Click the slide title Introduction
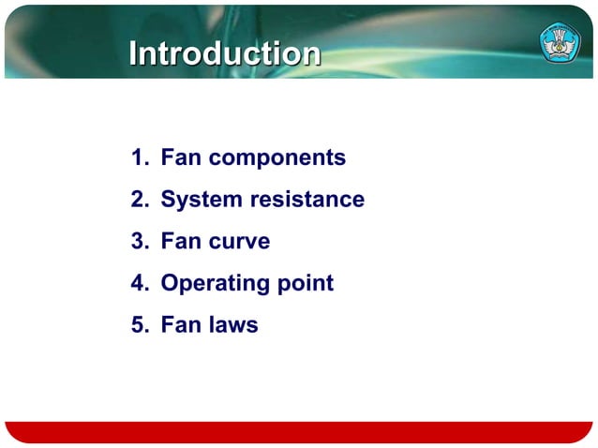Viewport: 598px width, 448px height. [224, 53]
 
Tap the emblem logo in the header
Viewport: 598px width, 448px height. [559, 42]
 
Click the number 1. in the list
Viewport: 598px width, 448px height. [141, 157]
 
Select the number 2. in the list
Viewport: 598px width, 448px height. [141, 200]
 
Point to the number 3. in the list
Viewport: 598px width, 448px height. [141, 242]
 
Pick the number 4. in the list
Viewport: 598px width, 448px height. [141, 283]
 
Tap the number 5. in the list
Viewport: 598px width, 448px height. [141, 325]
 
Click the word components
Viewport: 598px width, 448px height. [277, 158]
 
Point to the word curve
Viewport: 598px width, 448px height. [239, 242]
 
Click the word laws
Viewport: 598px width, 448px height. [233, 325]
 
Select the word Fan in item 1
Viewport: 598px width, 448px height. [181, 157]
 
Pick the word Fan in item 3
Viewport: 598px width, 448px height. [181, 242]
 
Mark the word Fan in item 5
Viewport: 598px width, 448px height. [181, 325]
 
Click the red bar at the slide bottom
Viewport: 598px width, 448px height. [298, 432]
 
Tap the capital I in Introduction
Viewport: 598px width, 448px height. [133, 53]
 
